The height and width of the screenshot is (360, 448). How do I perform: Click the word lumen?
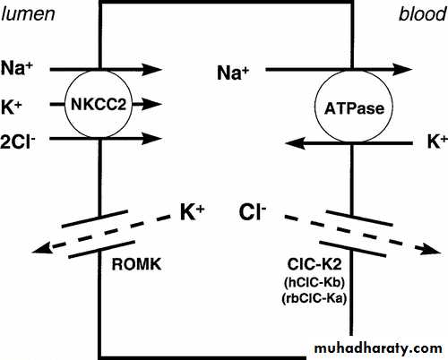click(x=28, y=14)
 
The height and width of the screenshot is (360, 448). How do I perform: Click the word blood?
click(x=423, y=14)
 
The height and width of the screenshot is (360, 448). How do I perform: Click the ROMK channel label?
click(x=136, y=264)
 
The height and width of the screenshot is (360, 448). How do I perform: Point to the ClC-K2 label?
click(x=314, y=264)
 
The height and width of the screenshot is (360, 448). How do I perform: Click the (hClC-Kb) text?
click(x=314, y=282)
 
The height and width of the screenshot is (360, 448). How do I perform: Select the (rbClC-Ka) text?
click(x=314, y=298)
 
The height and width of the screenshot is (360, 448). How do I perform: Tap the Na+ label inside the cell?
click(x=233, y=73)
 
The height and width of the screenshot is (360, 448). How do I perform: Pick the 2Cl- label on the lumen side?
click(x=18, y=141)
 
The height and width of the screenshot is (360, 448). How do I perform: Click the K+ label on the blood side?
click(x=437, y=141)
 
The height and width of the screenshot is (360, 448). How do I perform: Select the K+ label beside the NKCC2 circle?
click(x=12, y=107)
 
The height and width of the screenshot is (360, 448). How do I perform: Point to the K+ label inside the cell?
click(x=193, y=212)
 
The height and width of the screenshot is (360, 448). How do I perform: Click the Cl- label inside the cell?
click(x=253, y=212)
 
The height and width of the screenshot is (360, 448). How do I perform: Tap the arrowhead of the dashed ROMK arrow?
click(x=41, y=247)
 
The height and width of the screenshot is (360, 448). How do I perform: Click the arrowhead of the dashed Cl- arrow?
click(x=431, y=249)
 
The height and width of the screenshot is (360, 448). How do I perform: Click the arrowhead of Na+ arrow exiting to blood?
click(x=402, y=70)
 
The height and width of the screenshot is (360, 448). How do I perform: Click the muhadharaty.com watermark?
click(x=378, y=349)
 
